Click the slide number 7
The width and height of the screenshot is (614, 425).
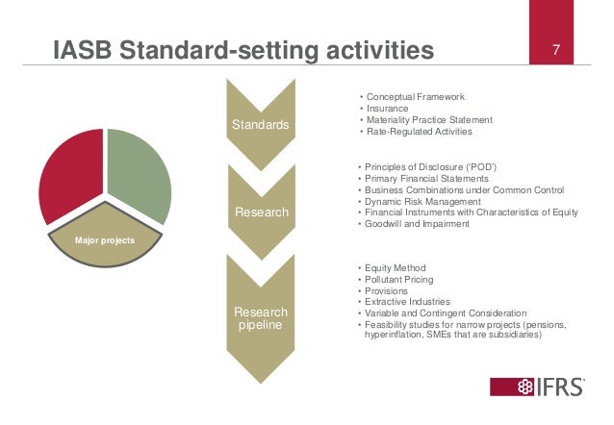click(x=555, y=49)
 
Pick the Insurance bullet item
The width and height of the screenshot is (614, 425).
click(x=384, y=109)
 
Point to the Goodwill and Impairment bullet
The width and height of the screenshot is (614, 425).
click(x=416, y=225)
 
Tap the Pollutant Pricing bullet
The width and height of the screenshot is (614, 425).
click(x=397, y=280)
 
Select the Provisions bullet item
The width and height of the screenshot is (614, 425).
click(x=386, y=291)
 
